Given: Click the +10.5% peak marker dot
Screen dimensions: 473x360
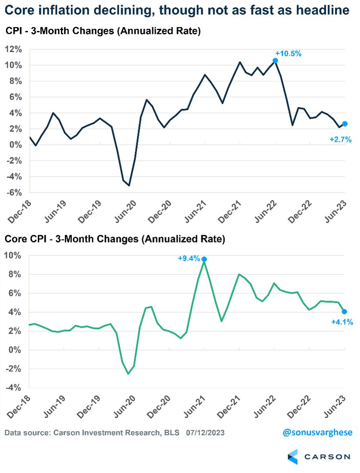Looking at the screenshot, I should coord(275,61).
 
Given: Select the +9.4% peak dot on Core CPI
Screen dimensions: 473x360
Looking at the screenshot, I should coord(204,259).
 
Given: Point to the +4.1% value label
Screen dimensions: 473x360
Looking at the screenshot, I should coord(342,322).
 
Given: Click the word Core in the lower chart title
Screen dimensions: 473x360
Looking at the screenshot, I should coord(14,239).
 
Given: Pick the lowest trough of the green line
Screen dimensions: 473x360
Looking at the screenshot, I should coord(128,374).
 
